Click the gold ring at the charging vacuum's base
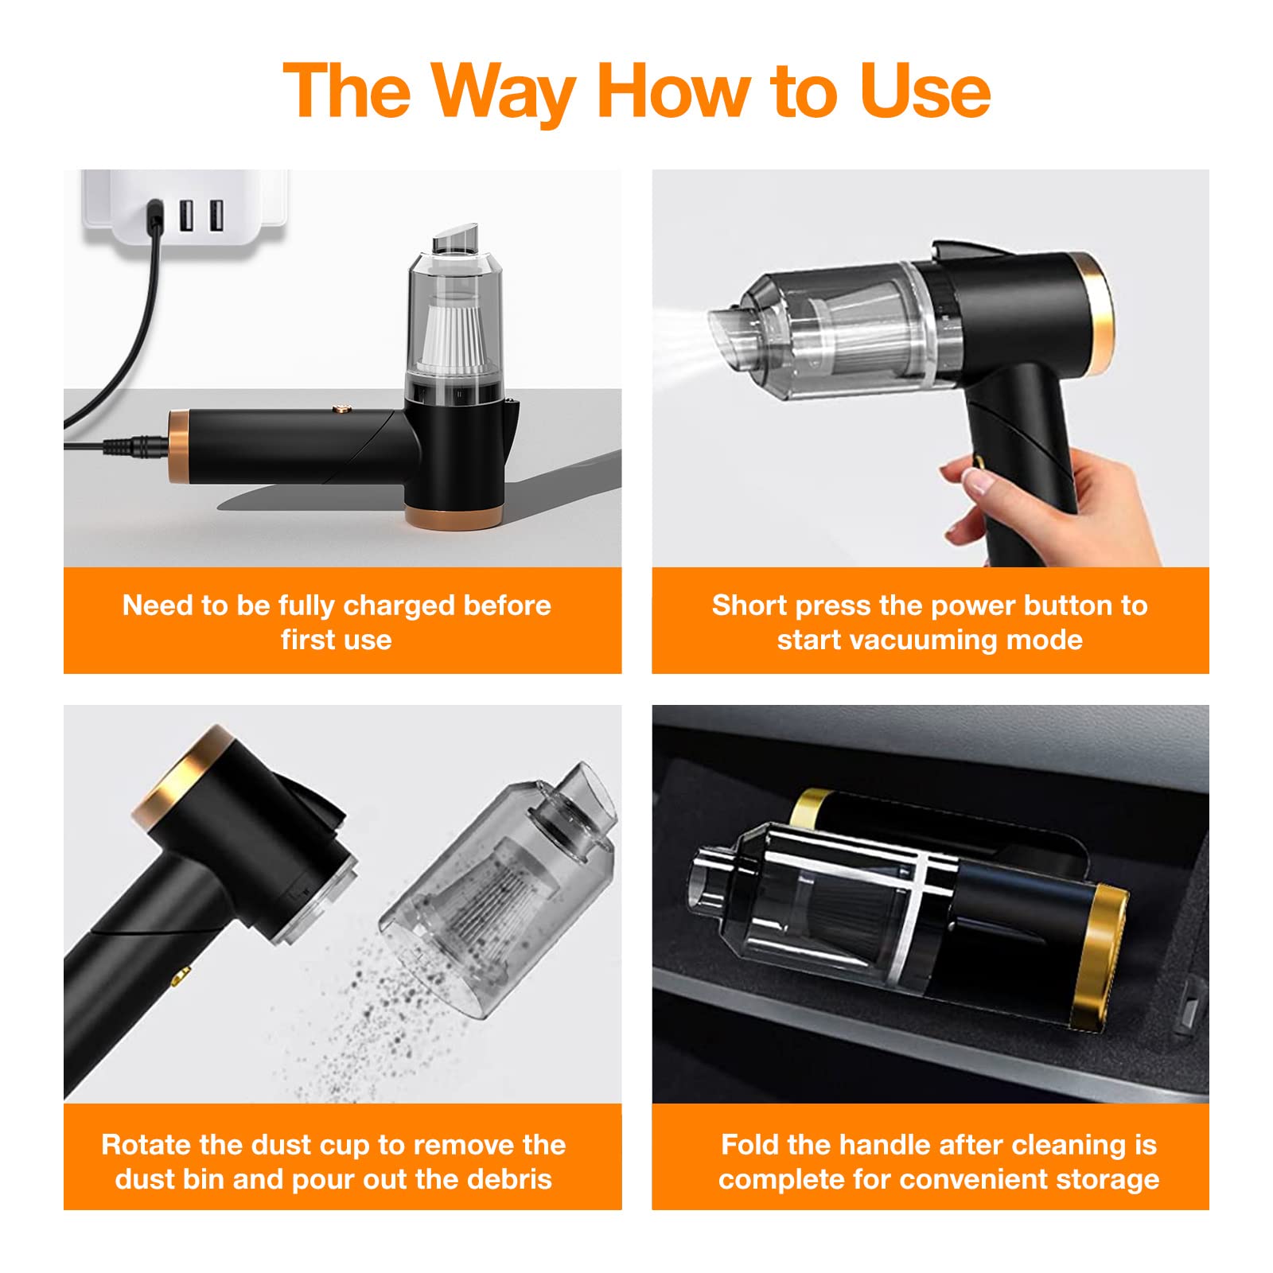[453, 516]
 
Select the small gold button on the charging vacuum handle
[343, 411]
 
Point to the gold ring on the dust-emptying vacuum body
[187, 776]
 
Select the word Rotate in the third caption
[147, 1145]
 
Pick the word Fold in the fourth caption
[750, 1145]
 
